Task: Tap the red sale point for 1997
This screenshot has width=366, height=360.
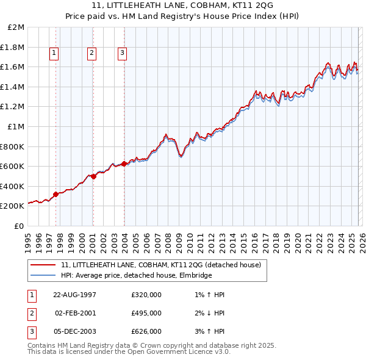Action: pyautogui.click(x=56, y=194)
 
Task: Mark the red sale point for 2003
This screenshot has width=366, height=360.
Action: pyautogui.click(x=124, y=164)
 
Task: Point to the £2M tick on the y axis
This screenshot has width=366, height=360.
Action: pyautogui.click(x=16, y=27)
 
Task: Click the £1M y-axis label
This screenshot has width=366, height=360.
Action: pyautogui.click(x=16, y=127)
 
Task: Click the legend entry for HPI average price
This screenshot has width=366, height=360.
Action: pyautogui.click(x=136, y=276)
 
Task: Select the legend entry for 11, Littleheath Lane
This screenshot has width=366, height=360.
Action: pyautogui.click(x=161, y=265)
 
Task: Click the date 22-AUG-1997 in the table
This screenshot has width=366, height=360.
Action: pyautogui.click(x=76, y=295)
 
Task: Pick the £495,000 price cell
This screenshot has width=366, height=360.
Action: pyautogui.click(x=146, y=313)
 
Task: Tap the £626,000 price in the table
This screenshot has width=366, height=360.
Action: pyautogui.click(x=146, y=331)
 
